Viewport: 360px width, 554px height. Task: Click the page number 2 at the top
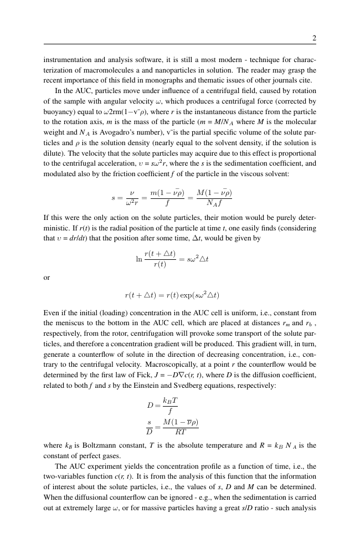click(x=314, y=38)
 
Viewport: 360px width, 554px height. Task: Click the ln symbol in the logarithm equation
click(x=139, y=258)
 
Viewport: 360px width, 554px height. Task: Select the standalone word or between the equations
click(x=47, y=278)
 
